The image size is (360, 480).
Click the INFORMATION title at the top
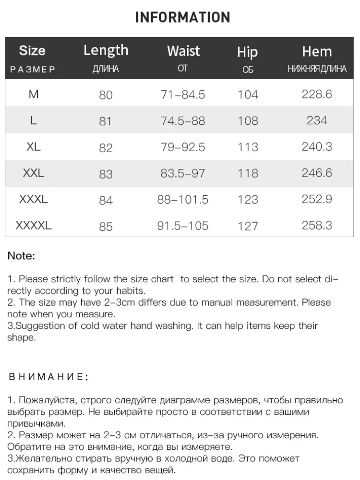pos(182,18)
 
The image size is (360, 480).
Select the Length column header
pos(106,50)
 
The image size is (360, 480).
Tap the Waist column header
pos(183,51)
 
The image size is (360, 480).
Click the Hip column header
pos(248,52)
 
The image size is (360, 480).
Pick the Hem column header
pos(317,51)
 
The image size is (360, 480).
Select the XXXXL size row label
pos(34,225)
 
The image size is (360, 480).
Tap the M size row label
pos(34,94)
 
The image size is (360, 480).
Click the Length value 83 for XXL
pos(106,174)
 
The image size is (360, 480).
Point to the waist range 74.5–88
pos(183,121)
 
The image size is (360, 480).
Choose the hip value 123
pos(248,200)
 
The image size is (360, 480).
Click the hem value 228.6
pos(317,94)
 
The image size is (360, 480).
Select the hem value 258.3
pos(317,225)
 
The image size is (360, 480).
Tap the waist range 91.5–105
pos(183,226)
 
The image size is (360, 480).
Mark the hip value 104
pos(248,95)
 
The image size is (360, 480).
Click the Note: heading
pos(21,256)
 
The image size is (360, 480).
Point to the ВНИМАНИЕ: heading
pos(48,377)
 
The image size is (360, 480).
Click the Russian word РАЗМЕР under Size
pos(33,69)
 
